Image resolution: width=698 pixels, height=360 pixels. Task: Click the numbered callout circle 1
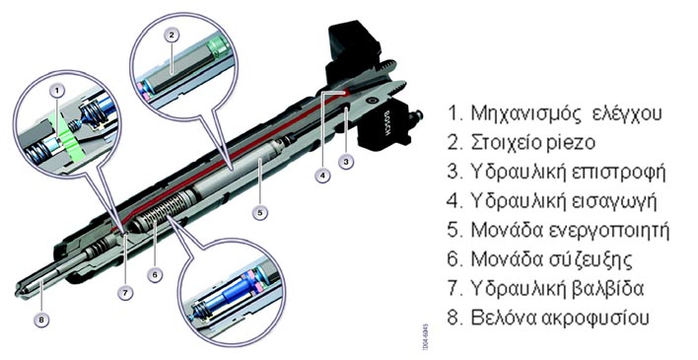pos(57,92)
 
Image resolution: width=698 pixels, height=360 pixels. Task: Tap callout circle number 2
pos(172,36)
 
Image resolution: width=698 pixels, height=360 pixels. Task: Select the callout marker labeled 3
pos(346,162)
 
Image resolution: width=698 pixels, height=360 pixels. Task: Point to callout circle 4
pos(322,176)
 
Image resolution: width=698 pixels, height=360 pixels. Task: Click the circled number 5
pos(260,212)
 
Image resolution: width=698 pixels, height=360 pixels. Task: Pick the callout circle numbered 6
pos(155,275)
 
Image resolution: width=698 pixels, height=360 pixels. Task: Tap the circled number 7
pos(125,293)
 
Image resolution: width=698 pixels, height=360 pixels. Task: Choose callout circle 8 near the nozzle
pos(41,319)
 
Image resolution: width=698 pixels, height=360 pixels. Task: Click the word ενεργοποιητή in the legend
pos(608,231)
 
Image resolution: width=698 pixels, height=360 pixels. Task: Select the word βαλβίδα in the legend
pos(607,289)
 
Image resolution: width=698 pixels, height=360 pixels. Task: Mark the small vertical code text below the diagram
pos(426,337)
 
